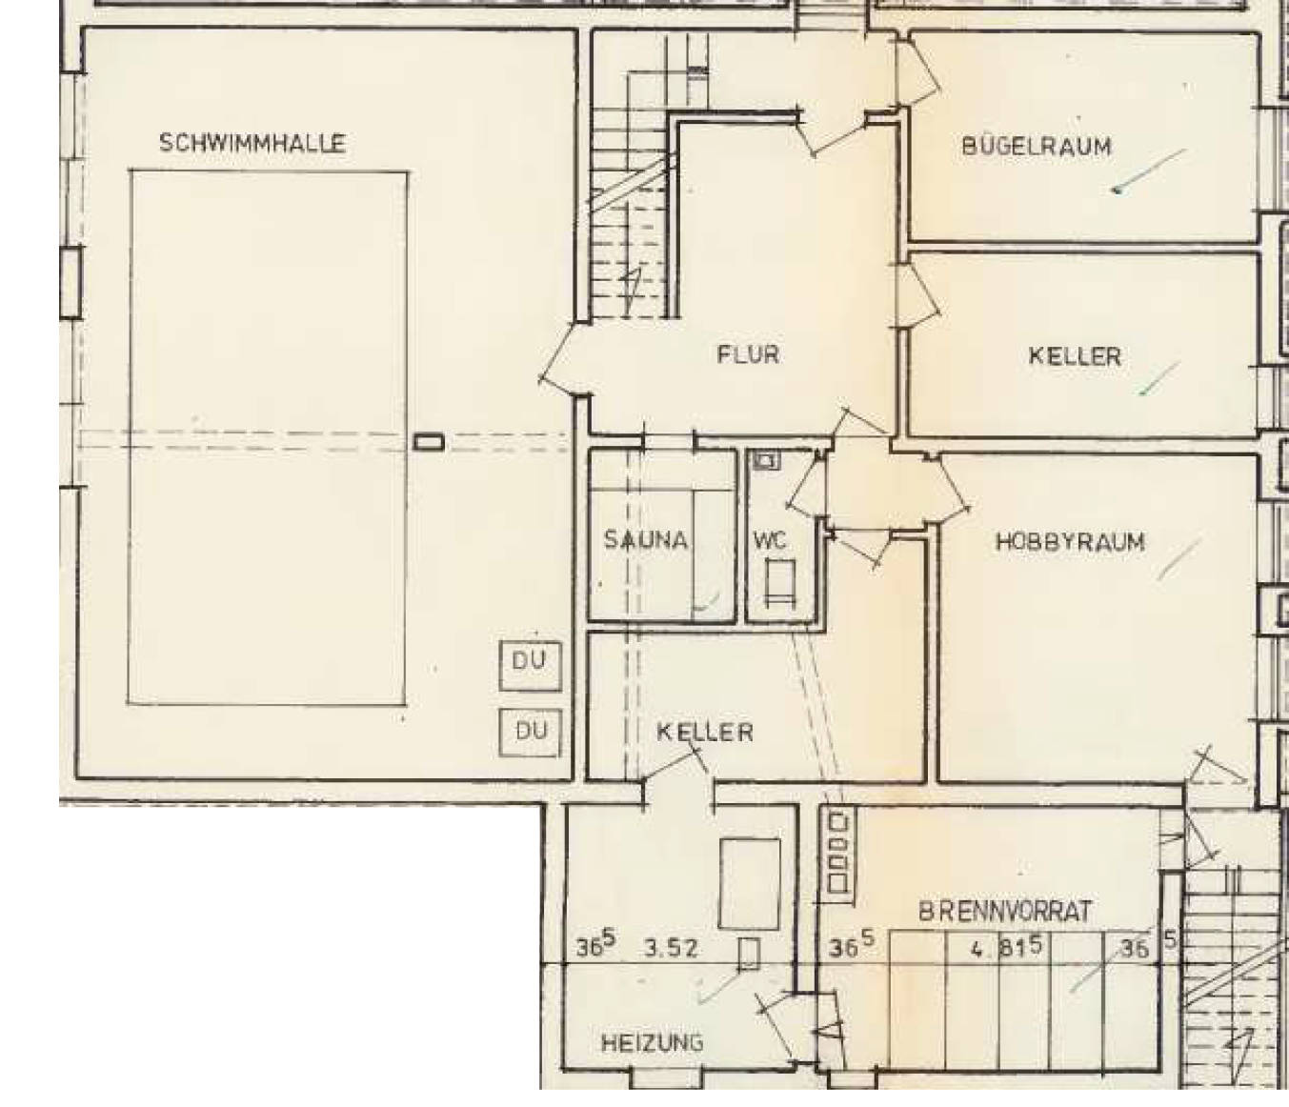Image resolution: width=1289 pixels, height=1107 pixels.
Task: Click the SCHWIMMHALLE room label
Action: [x=252, y=144]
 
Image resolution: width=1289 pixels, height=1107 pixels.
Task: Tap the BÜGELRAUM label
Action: [x=1037, y=147]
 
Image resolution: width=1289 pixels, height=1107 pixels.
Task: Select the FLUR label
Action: [x=748, y=354]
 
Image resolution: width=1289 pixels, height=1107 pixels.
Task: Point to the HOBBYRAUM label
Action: [x=1070, y=541]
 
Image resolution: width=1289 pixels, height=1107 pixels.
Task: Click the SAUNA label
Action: [x=646, y=539]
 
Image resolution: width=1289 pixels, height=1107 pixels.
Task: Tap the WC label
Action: [x=771, y=540]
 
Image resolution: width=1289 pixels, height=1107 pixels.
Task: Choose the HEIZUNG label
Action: [x=653, y=1042]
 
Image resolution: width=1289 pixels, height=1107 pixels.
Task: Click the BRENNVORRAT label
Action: [x=1005, y=912]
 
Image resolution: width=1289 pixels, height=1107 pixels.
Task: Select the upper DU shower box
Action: [x=531, y=667]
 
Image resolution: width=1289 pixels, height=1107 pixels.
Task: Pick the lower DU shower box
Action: [x=531, y=733]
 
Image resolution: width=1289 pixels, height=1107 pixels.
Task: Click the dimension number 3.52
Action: [x=671, y=949]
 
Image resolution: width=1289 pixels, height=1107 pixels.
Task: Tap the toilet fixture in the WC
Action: [x=780, y=582]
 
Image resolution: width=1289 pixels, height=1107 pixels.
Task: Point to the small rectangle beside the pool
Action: [x=429, y=443]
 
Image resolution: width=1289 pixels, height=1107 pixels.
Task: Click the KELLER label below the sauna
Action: [x=705, y=733]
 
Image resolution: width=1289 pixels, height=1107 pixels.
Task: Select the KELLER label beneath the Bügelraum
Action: [x=1075, y=356]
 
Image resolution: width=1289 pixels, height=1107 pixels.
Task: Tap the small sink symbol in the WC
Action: [x=767, y=461]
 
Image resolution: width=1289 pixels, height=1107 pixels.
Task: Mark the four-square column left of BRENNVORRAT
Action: [x=838, y=852]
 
